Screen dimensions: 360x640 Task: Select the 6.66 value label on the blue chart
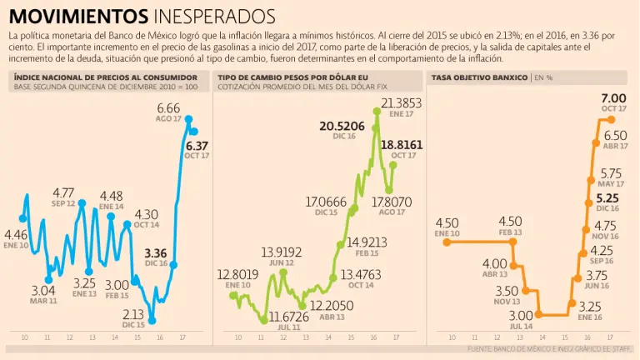(x=169, y=108)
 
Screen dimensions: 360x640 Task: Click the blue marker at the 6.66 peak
(x=189, y=120)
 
